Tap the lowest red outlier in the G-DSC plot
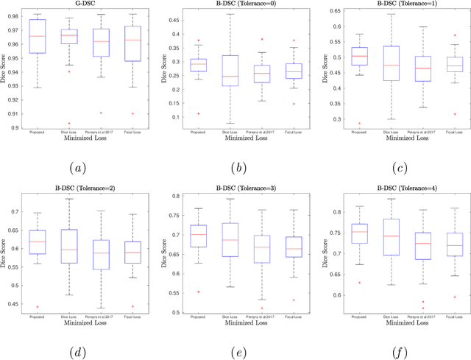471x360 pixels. (x=69, y=124)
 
